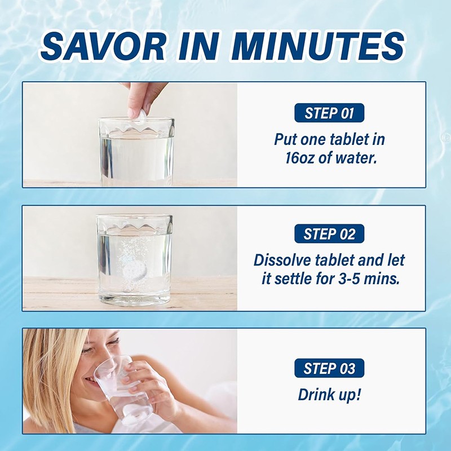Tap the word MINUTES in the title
[x=320, y=46]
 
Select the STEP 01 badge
[x=329, y=113]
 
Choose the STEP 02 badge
[x=329, y=233]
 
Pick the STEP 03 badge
[x=329, y=368]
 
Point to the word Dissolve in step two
[x=282, y=260]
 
